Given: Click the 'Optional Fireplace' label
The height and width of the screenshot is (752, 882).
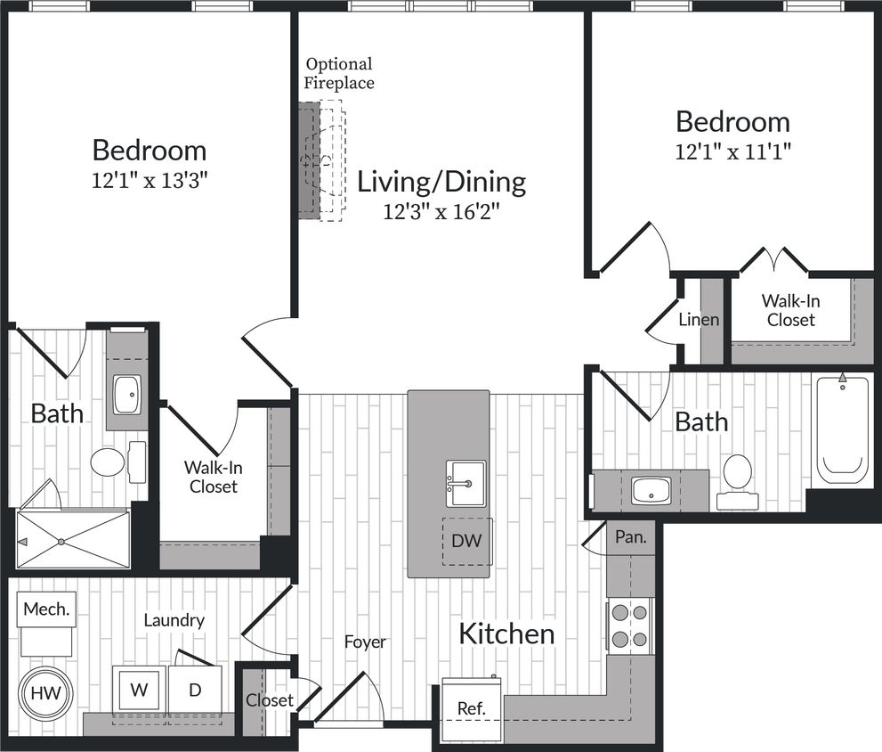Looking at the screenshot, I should (338, 74).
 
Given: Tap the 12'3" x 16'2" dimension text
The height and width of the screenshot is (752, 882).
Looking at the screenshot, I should (441, 212).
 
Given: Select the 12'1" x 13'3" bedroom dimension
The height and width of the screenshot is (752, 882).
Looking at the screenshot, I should (150, 181).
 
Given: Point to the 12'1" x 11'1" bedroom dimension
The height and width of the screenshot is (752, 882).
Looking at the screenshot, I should (732, 151).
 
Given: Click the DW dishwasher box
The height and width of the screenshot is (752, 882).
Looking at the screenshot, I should (466, 540).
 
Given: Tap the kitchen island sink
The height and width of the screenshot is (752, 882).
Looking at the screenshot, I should (465, 483).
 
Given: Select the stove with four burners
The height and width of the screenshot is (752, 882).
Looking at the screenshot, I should (630, 625).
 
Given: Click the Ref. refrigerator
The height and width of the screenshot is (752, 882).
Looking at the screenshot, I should (472, 707).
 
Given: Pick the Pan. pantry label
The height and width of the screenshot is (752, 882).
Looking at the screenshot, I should (630, 537).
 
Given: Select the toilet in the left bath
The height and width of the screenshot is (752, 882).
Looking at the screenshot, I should (109, 462).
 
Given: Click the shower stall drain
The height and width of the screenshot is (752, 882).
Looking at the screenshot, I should (61, 541).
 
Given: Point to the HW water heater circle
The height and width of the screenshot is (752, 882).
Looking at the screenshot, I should (43, 692).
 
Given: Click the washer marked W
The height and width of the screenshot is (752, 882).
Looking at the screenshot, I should (139, 690).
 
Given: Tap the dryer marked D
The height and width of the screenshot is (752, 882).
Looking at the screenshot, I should (195, 690).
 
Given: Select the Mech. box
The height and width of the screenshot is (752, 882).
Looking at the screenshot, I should (45, 610).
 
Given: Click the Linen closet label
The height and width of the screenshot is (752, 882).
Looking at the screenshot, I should (699, 319).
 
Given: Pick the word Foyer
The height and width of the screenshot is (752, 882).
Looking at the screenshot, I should (365, 642).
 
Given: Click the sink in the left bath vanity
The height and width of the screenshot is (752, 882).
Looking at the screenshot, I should (127, 394).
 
